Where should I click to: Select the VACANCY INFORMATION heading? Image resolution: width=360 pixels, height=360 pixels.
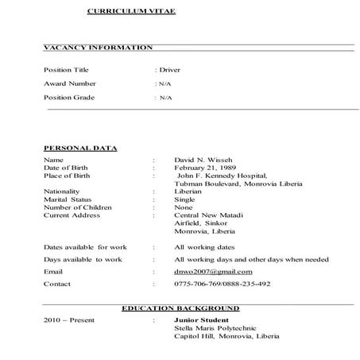pyautogui.click(x=98, y=48)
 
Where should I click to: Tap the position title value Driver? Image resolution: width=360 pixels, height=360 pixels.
pyautogui.click(x=169, y=69)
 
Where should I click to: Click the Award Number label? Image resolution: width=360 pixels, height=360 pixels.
pyautogui.click(x=70, y=83)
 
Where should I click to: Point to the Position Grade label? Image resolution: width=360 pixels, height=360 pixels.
pyautogui.click(x=68, y=97)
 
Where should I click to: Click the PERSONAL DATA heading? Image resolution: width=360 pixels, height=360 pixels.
pyautogui.click(x=80, y=148)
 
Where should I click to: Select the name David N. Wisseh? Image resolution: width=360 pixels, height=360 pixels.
pyautogui.click(x=203, y=160)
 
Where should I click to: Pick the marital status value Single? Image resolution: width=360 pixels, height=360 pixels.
pyautogui.click(x=185, y=199)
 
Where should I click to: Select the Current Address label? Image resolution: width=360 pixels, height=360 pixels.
pyautogui.click(x=72, y=215)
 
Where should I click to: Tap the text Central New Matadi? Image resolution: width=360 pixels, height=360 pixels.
pyautogui.click(x=208, y=215)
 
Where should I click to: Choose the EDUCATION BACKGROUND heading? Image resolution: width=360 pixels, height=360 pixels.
pyautogui.click(x=180, y=308)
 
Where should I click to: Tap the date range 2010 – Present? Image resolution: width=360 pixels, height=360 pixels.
pyautogui.click(x=69, y=320)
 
